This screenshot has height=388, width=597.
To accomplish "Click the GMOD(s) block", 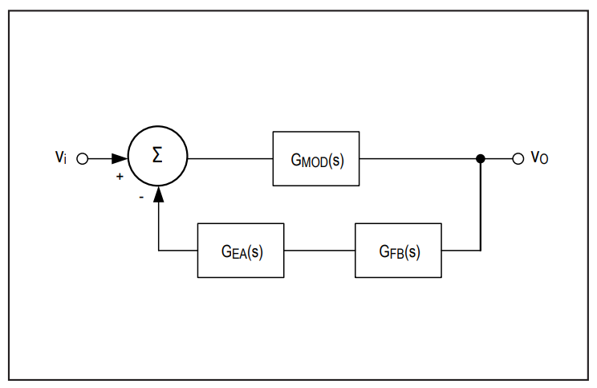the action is tap(316, 158).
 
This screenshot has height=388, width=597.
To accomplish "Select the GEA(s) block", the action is tap(241, 251).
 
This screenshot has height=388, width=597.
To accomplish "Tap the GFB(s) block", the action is tap(398, 251).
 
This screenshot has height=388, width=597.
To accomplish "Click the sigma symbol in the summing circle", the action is tap(157, 155).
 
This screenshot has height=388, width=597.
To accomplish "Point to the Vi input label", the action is tap(61, 157).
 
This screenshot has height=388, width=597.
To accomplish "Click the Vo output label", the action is tap(539, 157).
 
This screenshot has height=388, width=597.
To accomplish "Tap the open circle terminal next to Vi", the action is tap(82, 158).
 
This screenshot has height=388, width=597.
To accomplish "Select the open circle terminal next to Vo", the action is tap(518, 158).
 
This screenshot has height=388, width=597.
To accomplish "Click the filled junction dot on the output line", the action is tap(481, 158).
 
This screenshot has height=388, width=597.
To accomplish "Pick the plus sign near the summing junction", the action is tap(120, 177).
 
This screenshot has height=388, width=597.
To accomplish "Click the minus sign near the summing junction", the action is tap(141, 197).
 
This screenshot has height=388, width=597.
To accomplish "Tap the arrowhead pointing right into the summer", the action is tap(120, 158).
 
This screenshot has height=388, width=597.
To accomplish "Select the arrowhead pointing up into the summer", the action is tap(158, 194).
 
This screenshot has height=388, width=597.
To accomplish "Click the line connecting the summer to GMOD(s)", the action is tap(230, 158).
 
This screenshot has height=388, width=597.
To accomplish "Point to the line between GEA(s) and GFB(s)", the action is tap(319, 251).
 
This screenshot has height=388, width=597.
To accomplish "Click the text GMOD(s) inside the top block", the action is tap(317, 161).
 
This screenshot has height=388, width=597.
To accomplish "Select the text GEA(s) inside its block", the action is tap(242, 252).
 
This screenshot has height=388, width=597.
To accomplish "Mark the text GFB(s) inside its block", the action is tap(400, 252).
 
